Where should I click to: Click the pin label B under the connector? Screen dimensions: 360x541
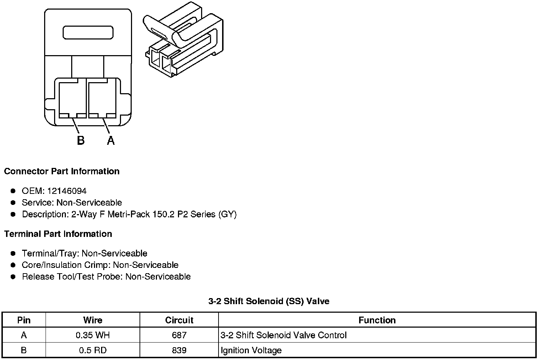(81, 141)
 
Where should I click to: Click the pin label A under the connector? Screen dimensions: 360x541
(111, 141)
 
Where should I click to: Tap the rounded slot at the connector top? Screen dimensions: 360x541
(88, 32)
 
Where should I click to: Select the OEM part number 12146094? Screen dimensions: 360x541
(67, 191)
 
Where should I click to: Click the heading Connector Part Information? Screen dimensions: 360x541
(62, 171)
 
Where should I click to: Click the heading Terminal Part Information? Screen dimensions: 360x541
(58, 234)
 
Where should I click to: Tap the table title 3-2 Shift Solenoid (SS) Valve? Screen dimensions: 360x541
(269, 301)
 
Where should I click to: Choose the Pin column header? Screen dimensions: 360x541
(24, 320)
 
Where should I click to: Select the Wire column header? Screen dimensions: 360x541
(93, 320)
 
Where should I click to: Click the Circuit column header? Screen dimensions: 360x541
(179, 320)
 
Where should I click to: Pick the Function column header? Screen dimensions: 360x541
(377, 320)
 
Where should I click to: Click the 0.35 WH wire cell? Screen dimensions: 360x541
(93, 335)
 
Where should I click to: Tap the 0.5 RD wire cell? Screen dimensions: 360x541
(93, 350)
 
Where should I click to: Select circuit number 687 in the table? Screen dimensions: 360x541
(179, 335)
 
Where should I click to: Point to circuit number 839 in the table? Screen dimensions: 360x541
(179, 350)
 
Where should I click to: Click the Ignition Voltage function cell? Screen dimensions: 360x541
(251, 350)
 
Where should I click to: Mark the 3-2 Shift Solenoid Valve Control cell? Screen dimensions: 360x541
(283, 335)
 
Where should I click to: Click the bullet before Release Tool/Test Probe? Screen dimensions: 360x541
(13, 277)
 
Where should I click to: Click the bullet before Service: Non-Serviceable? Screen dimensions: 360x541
(13, 203)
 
